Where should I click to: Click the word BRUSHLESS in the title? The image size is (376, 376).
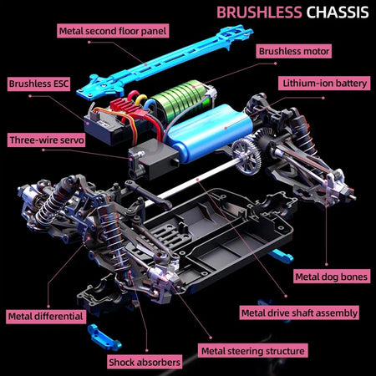(259, 13)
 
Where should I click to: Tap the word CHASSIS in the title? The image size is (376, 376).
(338, 13)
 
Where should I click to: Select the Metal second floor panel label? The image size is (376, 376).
(113, 31)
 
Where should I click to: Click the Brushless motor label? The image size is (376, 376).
(294, 51)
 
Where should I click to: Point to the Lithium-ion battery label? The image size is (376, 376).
(324, 84)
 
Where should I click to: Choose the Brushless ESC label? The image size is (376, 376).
(38, 84)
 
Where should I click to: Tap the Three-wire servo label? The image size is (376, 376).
(47, 140)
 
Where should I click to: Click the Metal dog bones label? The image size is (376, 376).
(332, 277)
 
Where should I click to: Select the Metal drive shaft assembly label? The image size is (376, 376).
(299, 312)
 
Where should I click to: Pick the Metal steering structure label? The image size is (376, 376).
(253, 351)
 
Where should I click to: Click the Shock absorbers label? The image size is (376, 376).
(145, 362)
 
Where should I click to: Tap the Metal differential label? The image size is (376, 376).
(46, 317)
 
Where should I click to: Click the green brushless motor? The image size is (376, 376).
(181, 99)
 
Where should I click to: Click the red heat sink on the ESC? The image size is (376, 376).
(125, 108)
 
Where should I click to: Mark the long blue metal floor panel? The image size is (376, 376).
(165, 63)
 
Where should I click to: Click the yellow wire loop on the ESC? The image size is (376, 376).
(140, 101)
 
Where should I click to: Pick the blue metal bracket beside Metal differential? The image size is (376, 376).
(104, 338)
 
